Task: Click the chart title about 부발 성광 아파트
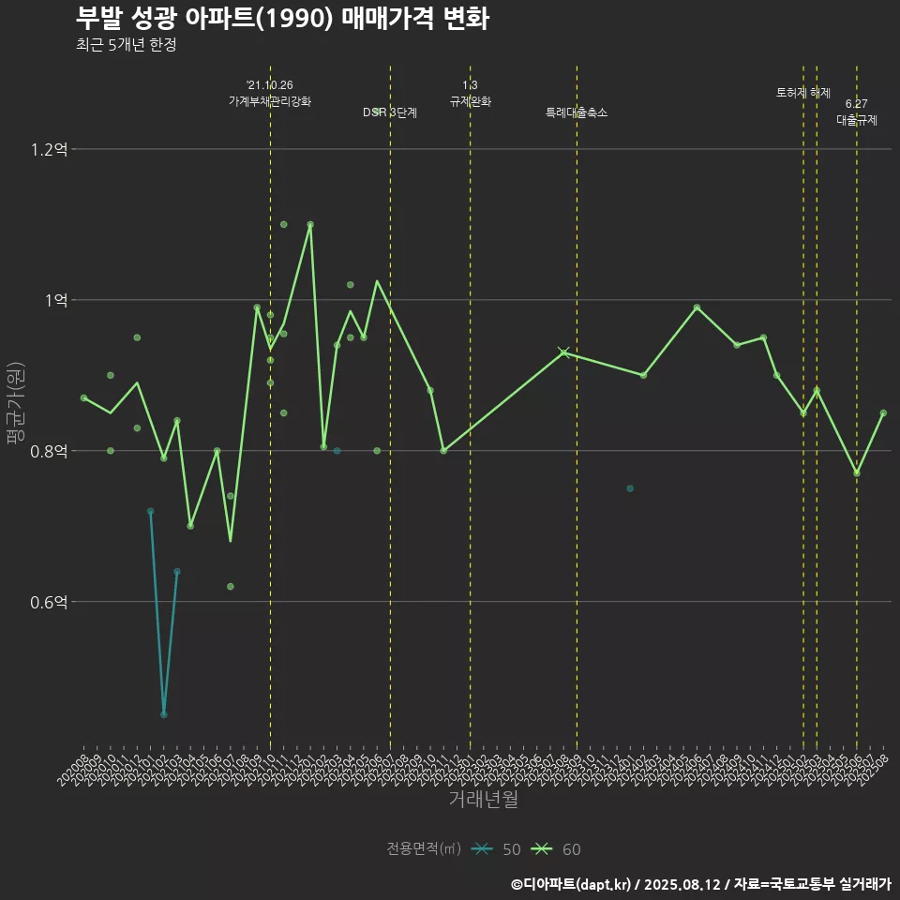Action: click(x=281, y=19)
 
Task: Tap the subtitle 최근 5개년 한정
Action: click(x=127, y=45)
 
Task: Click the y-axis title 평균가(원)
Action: click(x=16, y=404)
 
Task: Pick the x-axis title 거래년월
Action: click(x=483, y=799)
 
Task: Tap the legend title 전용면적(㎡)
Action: click(x=423, y=849)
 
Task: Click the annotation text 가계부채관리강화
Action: click(x=270, y=100)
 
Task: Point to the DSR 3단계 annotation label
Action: click(x=390, y=112)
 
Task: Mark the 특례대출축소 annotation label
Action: click(x=577, y=112)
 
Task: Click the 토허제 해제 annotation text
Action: click(x=803, y=93)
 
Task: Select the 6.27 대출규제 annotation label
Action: click(x=856, y=112)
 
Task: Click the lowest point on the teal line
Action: click(x=164, y=714)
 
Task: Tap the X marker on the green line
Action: click(x=563, y=352)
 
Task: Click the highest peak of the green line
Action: click(x=310, y=225)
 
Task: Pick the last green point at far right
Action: click(x=883, y=412)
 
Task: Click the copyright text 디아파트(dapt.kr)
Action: click(x=574, y=883)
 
